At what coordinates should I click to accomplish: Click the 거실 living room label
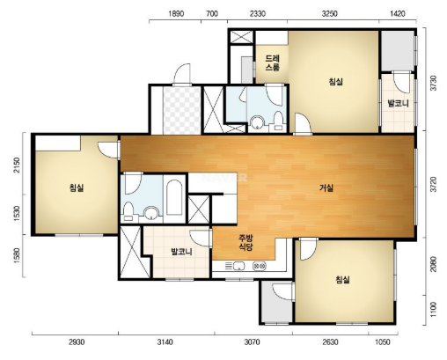(x=326, y=187)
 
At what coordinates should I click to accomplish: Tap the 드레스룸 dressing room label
(x=273, y=62)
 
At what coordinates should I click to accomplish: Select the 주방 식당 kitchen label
(x=245, y=242)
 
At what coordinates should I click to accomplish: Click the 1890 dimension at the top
(x=176, y=14)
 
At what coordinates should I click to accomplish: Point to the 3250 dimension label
(x=329, y=14)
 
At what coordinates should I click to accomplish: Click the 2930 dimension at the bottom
(x=77, y=342)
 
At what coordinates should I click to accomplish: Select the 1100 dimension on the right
(x=434, y=309)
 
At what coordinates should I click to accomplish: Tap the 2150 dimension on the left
(x=17, y=165)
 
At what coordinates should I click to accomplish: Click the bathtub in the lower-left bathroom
(x=174, y=197)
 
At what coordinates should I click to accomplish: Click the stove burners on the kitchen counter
(x=260, y=266)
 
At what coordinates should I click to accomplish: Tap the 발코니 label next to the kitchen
(x=181, y=252)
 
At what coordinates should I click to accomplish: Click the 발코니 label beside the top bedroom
(x=398, y=103)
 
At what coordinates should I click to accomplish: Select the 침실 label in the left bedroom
(x=77, y=187)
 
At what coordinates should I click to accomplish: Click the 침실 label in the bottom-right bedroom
(x=342, y=279)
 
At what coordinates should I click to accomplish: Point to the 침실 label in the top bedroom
(x=335, y=81)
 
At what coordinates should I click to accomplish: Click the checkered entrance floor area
(x=182, y=110)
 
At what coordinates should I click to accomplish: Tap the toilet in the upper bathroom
(x=278, y=122)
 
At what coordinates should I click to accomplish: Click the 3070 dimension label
(x=252, y=342)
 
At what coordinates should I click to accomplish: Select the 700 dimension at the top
(x=212, y=14)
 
